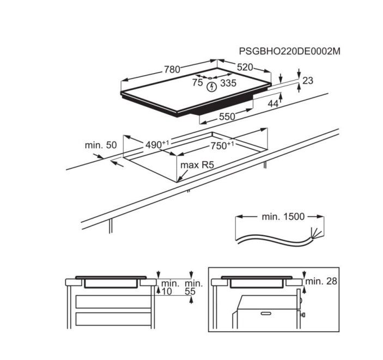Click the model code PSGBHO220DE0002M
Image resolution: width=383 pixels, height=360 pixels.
click(289, 51)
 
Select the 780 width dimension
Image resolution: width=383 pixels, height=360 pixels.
click(172, 70)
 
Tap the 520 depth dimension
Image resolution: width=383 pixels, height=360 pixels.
click(245, 67)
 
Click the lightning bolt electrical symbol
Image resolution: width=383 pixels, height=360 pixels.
click(212, 87)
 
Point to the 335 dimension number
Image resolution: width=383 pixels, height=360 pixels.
click(228, 83)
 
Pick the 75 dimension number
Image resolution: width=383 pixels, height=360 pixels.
click(197, 83)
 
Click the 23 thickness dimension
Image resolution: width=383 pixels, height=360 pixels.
click(308, 81)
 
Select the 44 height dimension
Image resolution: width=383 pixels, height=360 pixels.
click(273, 104)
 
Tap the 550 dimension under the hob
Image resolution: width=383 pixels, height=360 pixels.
click(227, 117)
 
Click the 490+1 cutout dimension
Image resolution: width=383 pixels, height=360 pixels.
click(157, 144)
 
